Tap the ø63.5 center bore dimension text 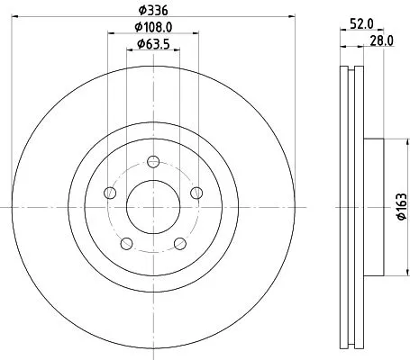pos(152,44)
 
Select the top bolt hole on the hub pos(152,162)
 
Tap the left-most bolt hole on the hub pos(110,193)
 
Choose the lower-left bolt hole pos(126,242)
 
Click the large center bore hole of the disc pos(152,206)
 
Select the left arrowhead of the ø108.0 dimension pos(110,33)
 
